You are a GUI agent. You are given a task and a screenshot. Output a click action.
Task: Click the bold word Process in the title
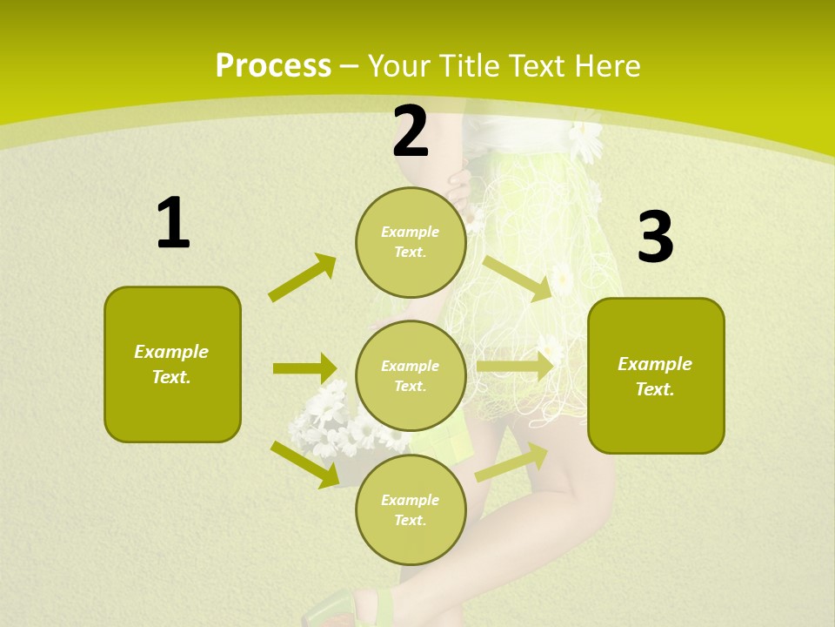(273, 66)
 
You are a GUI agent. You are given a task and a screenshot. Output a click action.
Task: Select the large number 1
(173, 223)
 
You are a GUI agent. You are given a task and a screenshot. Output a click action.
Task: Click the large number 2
(411, 131)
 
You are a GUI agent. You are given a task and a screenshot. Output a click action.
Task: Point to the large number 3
(655, 238)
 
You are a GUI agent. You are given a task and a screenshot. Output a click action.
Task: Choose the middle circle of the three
(411, 375)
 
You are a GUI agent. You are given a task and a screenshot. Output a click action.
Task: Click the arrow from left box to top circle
(303, 278)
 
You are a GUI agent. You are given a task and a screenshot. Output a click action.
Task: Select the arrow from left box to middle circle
(304, 368)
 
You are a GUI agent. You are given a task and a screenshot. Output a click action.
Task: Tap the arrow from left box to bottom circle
(305, 464)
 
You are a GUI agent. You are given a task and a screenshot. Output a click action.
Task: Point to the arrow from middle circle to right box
(515, 367)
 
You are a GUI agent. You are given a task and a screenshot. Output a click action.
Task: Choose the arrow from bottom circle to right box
(511, 462)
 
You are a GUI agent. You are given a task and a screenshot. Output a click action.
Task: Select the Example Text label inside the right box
(655, 376)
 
